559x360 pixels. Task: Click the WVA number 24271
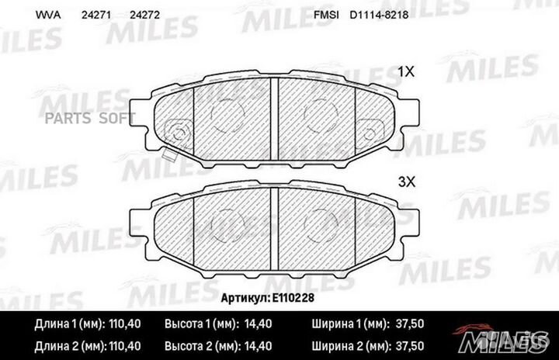[x=97, y=15]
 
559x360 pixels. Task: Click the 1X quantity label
[x=407, y=71]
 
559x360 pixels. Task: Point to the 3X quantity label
[x=407, y=182]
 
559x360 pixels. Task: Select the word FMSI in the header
[x=324, y=15]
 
